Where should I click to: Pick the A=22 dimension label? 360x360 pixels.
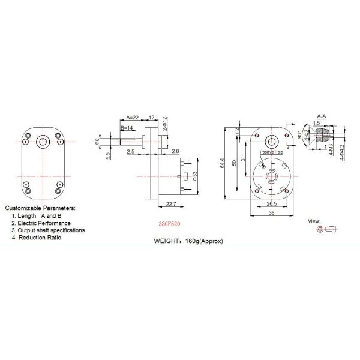132,116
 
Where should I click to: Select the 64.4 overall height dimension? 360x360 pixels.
223,163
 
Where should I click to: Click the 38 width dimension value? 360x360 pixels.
271,213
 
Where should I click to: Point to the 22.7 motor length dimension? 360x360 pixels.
170,205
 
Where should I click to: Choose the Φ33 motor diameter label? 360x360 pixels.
196,175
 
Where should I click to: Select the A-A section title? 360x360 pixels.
320,116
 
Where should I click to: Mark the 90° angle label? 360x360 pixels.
300,135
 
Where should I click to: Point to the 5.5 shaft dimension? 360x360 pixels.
107,155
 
